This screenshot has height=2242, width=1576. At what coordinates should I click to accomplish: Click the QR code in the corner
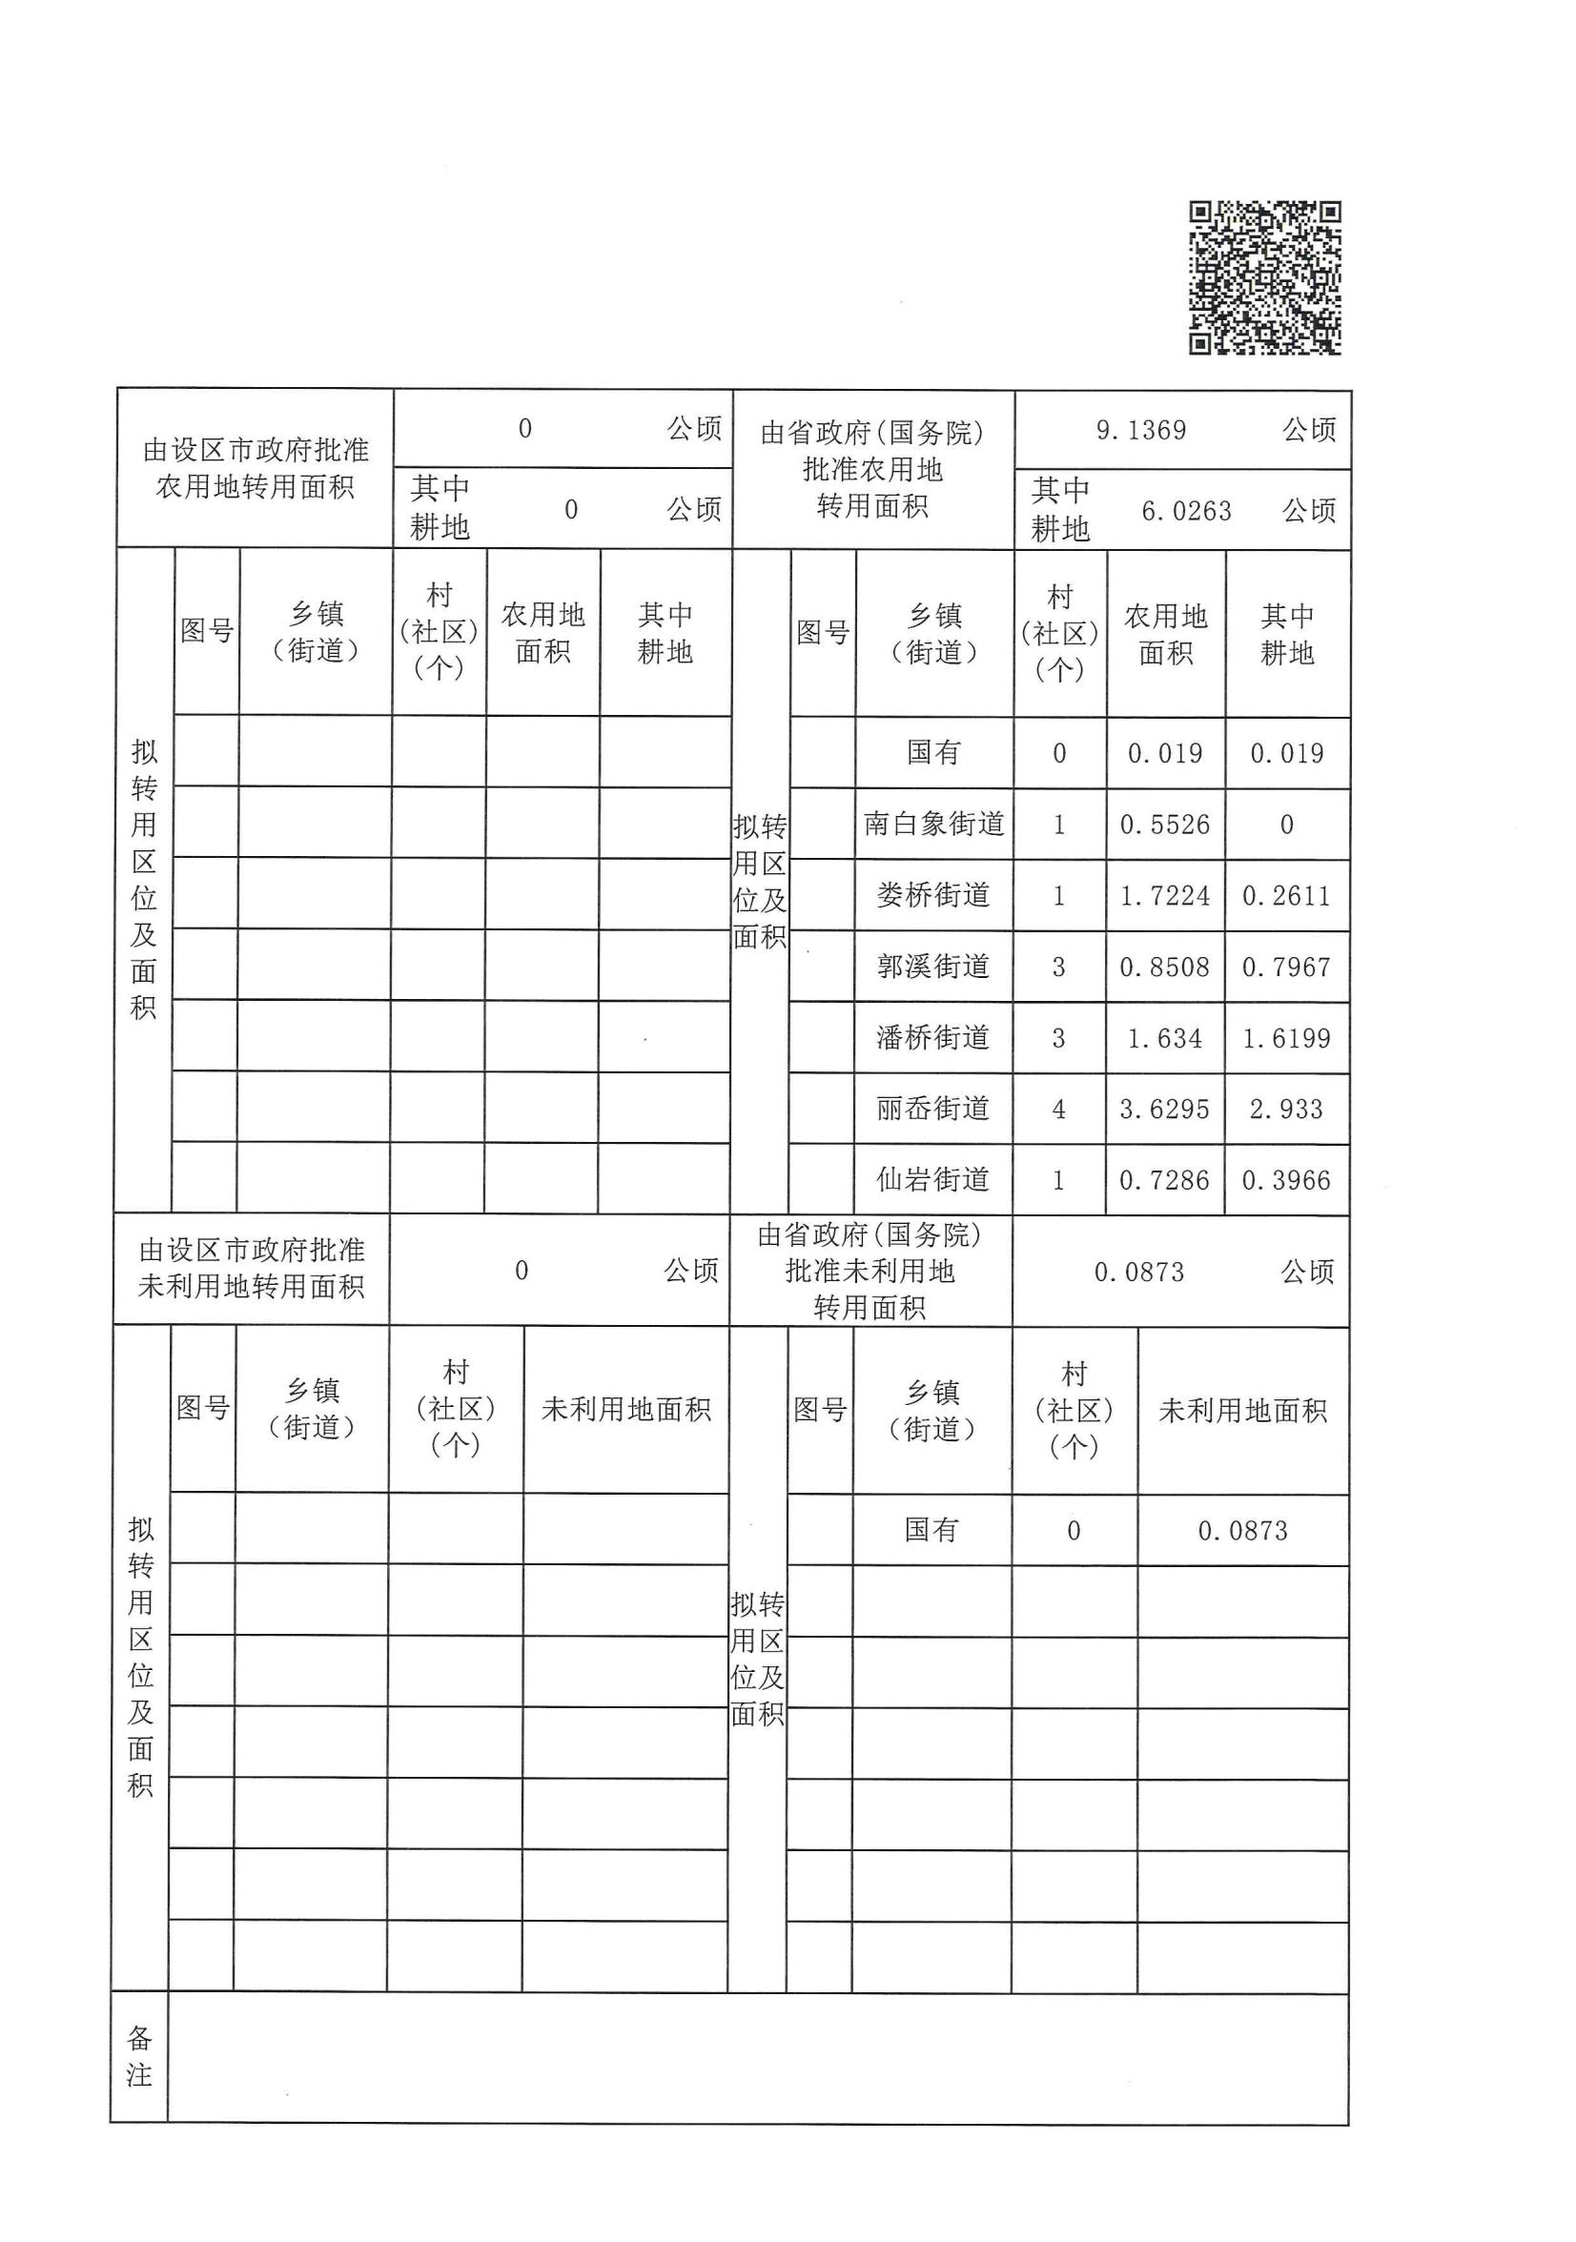pyautogui.click(x=1264, y=277)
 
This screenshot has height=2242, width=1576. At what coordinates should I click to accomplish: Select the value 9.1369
pyautogui.click(x=1140, y=431)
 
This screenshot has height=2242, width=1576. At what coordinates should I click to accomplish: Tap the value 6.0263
pyautogui.click(x=1186, y=511)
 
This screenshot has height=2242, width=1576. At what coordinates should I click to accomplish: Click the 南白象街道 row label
pyautogui.click(x=933, y=825)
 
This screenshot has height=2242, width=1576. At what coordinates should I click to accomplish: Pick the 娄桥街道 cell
pyautogui.click(x=933, y=895)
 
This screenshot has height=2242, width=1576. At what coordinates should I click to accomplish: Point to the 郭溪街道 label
pyautogui.click(x=933, y=967)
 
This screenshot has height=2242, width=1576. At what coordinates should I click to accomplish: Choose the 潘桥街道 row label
pyautogui.click(x=933, y=1037)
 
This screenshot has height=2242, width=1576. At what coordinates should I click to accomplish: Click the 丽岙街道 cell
pyautogui.click(x=933, y=1109)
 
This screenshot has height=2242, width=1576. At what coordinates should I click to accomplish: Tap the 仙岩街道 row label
pyautogui.click(x=933, y=1179)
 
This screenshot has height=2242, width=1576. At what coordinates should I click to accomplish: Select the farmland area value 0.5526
pyautogui.click(x=1165, y=825)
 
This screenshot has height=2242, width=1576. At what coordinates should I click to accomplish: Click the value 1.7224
pyautogui.click(x=1165, y=896)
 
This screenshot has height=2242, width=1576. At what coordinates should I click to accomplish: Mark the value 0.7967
pyautogui.click(x=1286, y=968)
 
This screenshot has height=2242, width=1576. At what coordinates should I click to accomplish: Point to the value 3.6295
pyautogui.click(x=1165, y=1110)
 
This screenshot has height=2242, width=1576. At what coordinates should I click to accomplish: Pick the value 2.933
pyautogui.click(x=1286, y=1110)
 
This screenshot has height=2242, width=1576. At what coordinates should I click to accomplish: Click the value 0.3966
pyautogui.click(x=1286, y=1180)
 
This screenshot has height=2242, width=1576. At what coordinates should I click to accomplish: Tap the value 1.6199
pyautogui.click(x=1286, y=1038)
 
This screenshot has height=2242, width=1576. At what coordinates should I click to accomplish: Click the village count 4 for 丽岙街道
pyautogui.click(x=1058, y=1111)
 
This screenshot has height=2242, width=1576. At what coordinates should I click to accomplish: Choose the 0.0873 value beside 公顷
pyautogui.click(x=1138, y=1273)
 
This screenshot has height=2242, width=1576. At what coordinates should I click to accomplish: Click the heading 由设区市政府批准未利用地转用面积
pyautogui.click(x=251, y=1269)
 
